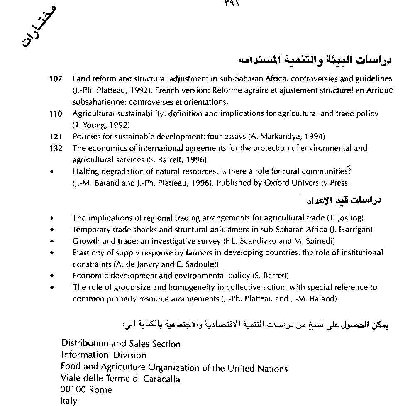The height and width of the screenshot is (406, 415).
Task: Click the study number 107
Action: (55, 78)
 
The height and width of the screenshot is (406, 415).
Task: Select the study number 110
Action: (55, 114)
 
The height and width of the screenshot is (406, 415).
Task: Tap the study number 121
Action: (55, 137)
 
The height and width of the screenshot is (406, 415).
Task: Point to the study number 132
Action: (55, 148)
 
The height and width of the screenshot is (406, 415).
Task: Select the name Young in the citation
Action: (93, 125)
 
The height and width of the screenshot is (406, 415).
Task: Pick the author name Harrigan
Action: (356, 229)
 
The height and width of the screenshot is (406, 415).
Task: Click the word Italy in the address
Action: (68, 401)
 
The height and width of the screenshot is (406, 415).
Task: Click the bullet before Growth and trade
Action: (52, 241)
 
